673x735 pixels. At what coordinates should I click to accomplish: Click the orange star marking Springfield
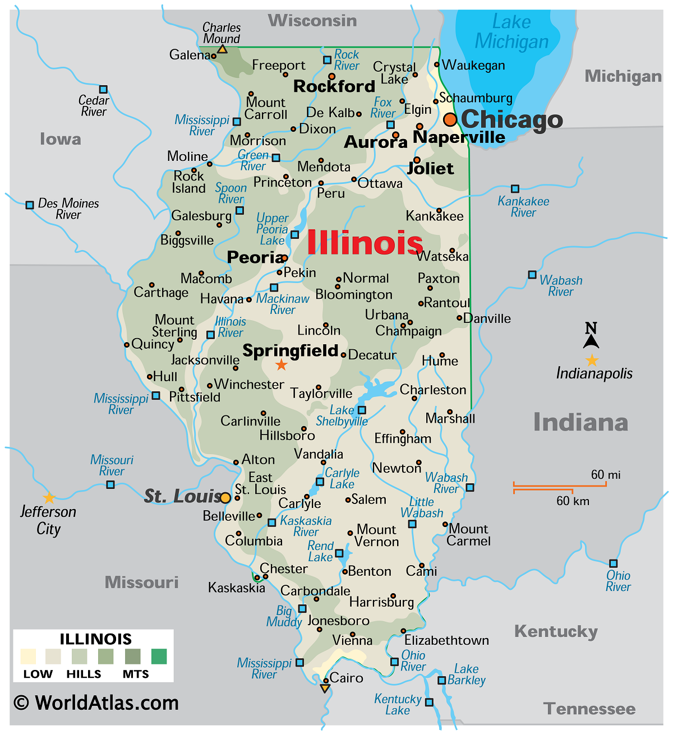(281, 365)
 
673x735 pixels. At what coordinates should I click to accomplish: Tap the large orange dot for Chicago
(450, 119)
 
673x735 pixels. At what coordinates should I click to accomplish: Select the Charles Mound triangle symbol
(222, 49)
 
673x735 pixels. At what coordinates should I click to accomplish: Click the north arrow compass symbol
(591, 336)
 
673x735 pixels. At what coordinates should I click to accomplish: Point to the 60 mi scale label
(606, 475)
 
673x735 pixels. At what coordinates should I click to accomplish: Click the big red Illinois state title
(365, 243)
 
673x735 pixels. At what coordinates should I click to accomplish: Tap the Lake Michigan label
(511, 32)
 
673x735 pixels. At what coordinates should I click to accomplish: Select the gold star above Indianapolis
(592, 360)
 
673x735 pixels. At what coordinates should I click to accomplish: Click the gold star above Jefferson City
(49, 497)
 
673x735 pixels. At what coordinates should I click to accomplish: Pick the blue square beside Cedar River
(103, 89)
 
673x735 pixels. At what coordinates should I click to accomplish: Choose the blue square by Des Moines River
(30, 205)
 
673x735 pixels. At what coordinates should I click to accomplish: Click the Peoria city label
(255, 257)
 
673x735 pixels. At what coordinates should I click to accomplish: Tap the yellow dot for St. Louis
(225, 498)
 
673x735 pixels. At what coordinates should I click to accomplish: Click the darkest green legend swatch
(159, 656)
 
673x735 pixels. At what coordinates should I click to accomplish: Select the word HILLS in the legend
(84, 674)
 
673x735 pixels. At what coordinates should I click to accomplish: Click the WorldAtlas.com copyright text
(96, 703)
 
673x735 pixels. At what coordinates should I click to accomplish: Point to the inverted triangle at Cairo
(325, 688)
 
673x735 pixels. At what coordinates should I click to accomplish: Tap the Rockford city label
(334, 86)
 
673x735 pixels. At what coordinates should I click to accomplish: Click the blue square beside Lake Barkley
(442, 680)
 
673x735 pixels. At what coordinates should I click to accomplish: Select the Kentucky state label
(556, 631)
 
